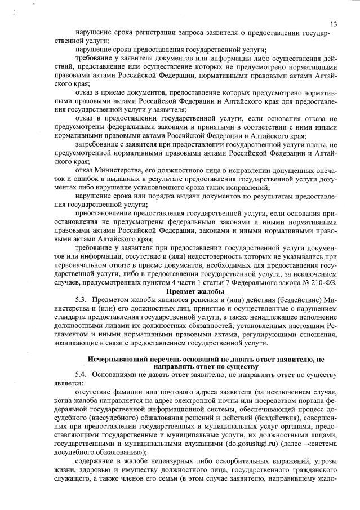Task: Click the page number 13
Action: (334, 24)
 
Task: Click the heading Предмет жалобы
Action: (195, 291)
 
